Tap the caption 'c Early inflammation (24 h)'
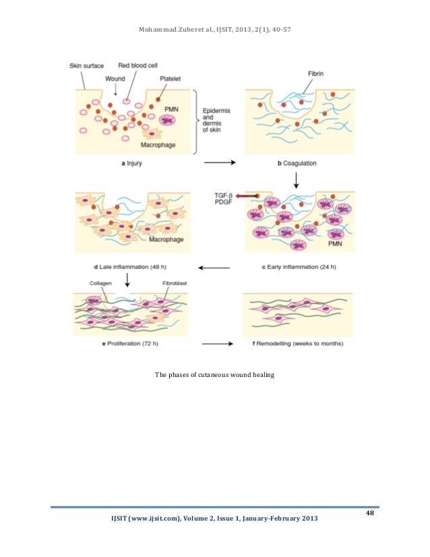299,267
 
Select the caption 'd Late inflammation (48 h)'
127,267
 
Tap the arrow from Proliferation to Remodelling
216,344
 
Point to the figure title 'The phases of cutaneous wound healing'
215,374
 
